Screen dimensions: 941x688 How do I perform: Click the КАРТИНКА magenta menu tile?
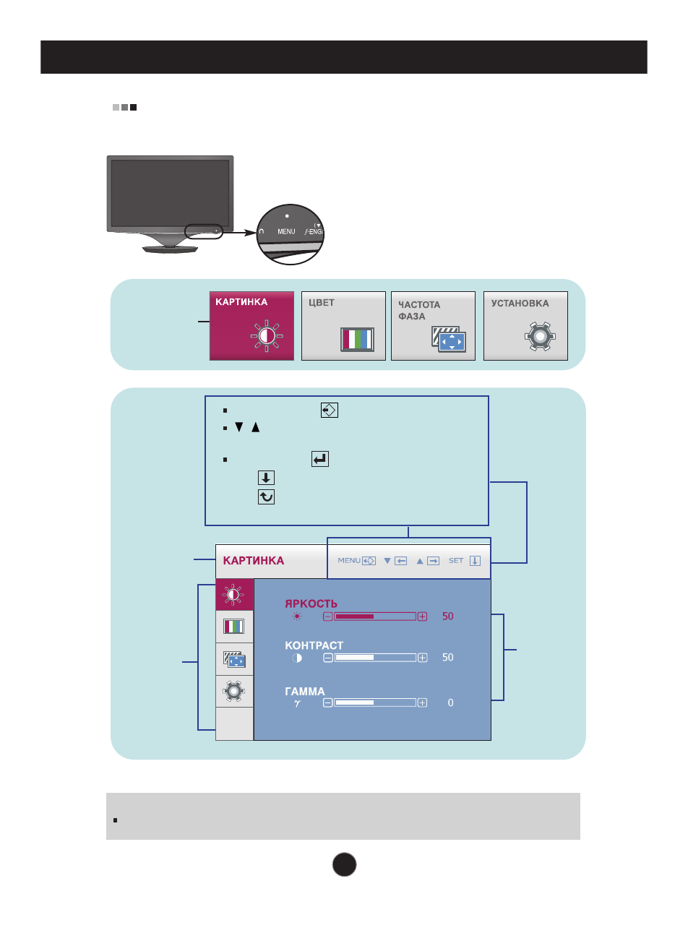(x=251, y=326)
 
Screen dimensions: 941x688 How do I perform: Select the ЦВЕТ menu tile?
(x=343, y=326)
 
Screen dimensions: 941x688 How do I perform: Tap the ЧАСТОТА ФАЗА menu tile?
(x=433, y=326)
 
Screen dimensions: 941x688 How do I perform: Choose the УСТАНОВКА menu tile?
(x=525, y=326)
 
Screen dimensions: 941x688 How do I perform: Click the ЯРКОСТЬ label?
(x=311, y=603)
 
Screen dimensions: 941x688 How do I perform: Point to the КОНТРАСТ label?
(x=314, y=645)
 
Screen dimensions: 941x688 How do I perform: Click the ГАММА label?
(x=304, y=692)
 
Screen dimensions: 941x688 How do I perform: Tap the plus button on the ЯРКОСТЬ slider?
(x=422, y=616)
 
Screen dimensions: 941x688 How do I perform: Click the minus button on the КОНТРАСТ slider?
(x=328, y=658)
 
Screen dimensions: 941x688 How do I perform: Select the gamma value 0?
(x=450, y=702)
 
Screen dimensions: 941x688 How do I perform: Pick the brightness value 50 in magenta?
(x=448, y=616)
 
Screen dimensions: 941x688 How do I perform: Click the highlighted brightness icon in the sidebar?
(x=234, y=595)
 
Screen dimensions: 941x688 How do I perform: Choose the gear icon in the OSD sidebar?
(x=234, y=692)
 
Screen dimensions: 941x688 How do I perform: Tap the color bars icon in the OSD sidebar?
(x=234, y=627)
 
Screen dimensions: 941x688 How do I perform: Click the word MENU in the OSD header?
(x=349, y=561)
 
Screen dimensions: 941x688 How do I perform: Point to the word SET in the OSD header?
(x=456, y=561)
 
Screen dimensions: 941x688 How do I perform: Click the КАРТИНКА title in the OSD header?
(x=254, y=561)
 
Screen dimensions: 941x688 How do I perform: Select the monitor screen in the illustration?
(x=170, y=193)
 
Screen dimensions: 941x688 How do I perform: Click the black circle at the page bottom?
(x=345, y=864)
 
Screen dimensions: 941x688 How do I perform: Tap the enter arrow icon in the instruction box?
(x=320, y=459)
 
